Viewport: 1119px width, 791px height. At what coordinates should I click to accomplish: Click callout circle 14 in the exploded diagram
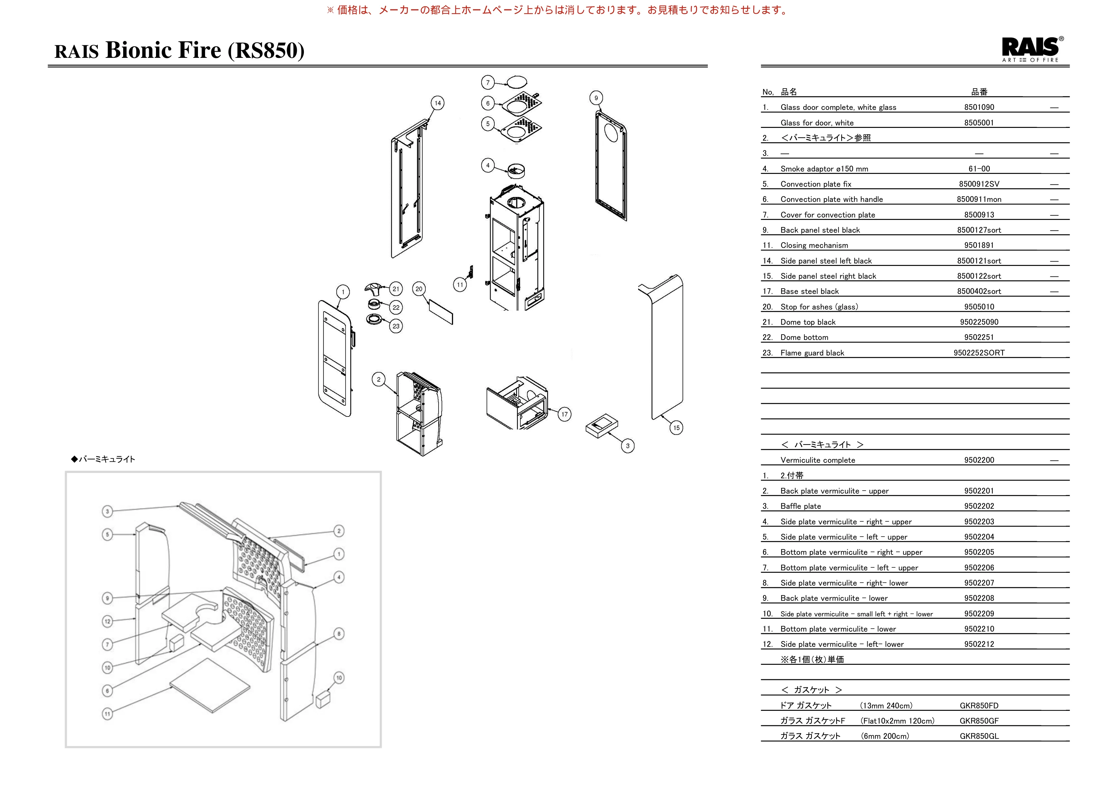point(438,103)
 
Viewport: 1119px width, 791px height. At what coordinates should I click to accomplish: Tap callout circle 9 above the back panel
point(596,98)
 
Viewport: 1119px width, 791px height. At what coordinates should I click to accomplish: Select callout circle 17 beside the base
point(564,414)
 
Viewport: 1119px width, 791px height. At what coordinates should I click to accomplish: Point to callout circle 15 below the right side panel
point(676,428)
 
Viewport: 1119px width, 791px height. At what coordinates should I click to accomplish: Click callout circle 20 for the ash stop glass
point(419,289)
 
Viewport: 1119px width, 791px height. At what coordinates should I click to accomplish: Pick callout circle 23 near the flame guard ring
point(396,326)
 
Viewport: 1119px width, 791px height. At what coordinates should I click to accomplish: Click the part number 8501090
point(979,107)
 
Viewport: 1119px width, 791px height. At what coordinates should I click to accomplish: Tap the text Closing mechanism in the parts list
point(814,246)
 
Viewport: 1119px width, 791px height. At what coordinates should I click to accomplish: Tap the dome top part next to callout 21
point(373,289)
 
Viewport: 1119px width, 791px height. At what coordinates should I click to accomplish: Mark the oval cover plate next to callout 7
point(517,82)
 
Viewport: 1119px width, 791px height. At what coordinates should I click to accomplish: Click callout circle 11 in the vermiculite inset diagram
point(108,714)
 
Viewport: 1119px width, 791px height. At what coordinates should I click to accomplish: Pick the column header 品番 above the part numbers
point(979,92)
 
